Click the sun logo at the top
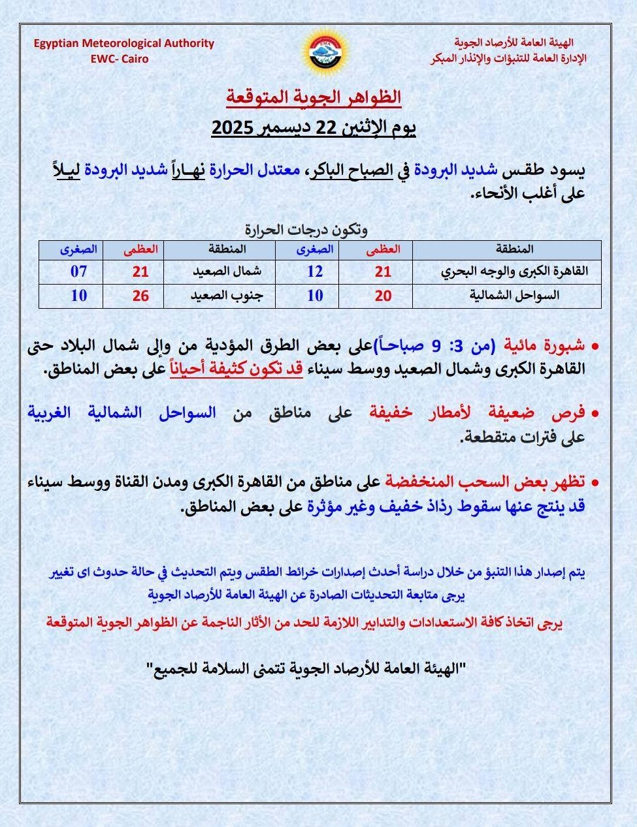pos(325,51)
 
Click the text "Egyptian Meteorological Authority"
pos(124,43)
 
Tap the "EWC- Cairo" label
pos(120,59)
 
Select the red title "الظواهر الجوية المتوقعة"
pos(314,97)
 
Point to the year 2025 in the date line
pos(235,127)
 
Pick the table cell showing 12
pos(315,272)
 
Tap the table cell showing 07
pos(78,272)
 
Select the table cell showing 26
pos(140,296)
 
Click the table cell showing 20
pos(383,296)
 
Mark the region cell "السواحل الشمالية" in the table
pos(514,296)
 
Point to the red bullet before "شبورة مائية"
pos(595,346)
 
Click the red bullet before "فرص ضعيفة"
pos(595,414)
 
